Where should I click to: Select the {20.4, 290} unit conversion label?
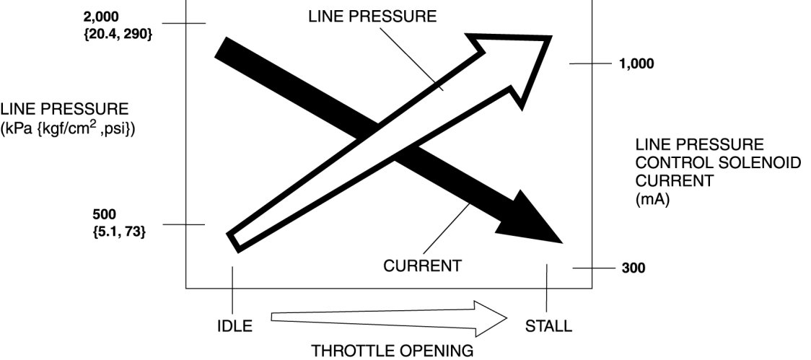coord(118,33)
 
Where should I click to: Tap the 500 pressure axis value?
coord(104,215)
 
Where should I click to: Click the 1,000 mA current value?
coord(636,63)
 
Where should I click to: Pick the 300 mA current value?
coord(634,269)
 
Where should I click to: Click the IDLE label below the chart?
coord(234,326)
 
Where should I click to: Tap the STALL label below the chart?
coord(549,326)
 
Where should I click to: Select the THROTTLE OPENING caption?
coord(393,351)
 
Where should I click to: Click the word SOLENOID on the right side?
coord(766,163)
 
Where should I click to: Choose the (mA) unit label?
coord(652,200)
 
